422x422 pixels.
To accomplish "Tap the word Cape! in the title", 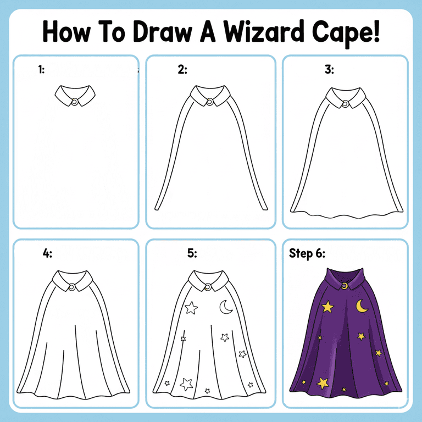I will tap(347, 32).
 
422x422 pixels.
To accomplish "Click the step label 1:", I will tap(41, 70).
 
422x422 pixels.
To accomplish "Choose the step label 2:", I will tap(182, 70).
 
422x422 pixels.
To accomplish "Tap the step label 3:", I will tap(329, 70).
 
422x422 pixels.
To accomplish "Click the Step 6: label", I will tap(307, 253).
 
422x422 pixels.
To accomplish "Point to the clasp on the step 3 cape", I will tap(345, 103).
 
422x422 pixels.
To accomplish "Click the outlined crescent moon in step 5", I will tap(226, 308).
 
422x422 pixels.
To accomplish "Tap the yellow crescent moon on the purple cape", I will tap(362, 306).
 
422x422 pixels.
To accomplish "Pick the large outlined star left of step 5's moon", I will tap(191, 308).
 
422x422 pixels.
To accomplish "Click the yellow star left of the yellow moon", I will tap(327, 307).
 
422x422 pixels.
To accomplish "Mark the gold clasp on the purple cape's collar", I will tap(344, 285).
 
